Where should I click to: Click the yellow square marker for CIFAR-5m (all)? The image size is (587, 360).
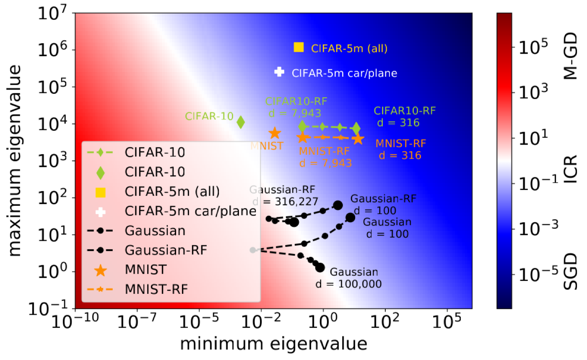point(299,47)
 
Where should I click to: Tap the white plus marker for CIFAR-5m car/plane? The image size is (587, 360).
point(279,72)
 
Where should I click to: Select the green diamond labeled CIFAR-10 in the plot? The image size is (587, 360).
point(241,122)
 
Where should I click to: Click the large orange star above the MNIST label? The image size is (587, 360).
point(275,133)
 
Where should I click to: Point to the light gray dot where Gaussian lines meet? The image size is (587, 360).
point(252,250)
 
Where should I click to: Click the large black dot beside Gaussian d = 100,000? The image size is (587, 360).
point(320,268)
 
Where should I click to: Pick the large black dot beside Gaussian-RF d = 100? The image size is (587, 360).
point(338,205)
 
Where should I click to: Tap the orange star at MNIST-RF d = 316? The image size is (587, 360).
point(358,139)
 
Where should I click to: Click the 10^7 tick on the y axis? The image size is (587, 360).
point(52,13)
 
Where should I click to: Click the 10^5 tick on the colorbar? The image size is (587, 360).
point(533,47)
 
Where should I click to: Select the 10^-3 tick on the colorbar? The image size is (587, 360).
point(538,229)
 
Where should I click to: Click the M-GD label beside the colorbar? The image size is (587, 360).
point(570,56)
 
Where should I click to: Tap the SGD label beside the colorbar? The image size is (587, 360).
point(570,272)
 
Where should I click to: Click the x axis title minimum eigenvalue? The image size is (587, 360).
point(273,344)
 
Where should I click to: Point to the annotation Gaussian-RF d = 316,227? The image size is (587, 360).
point(283,195)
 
